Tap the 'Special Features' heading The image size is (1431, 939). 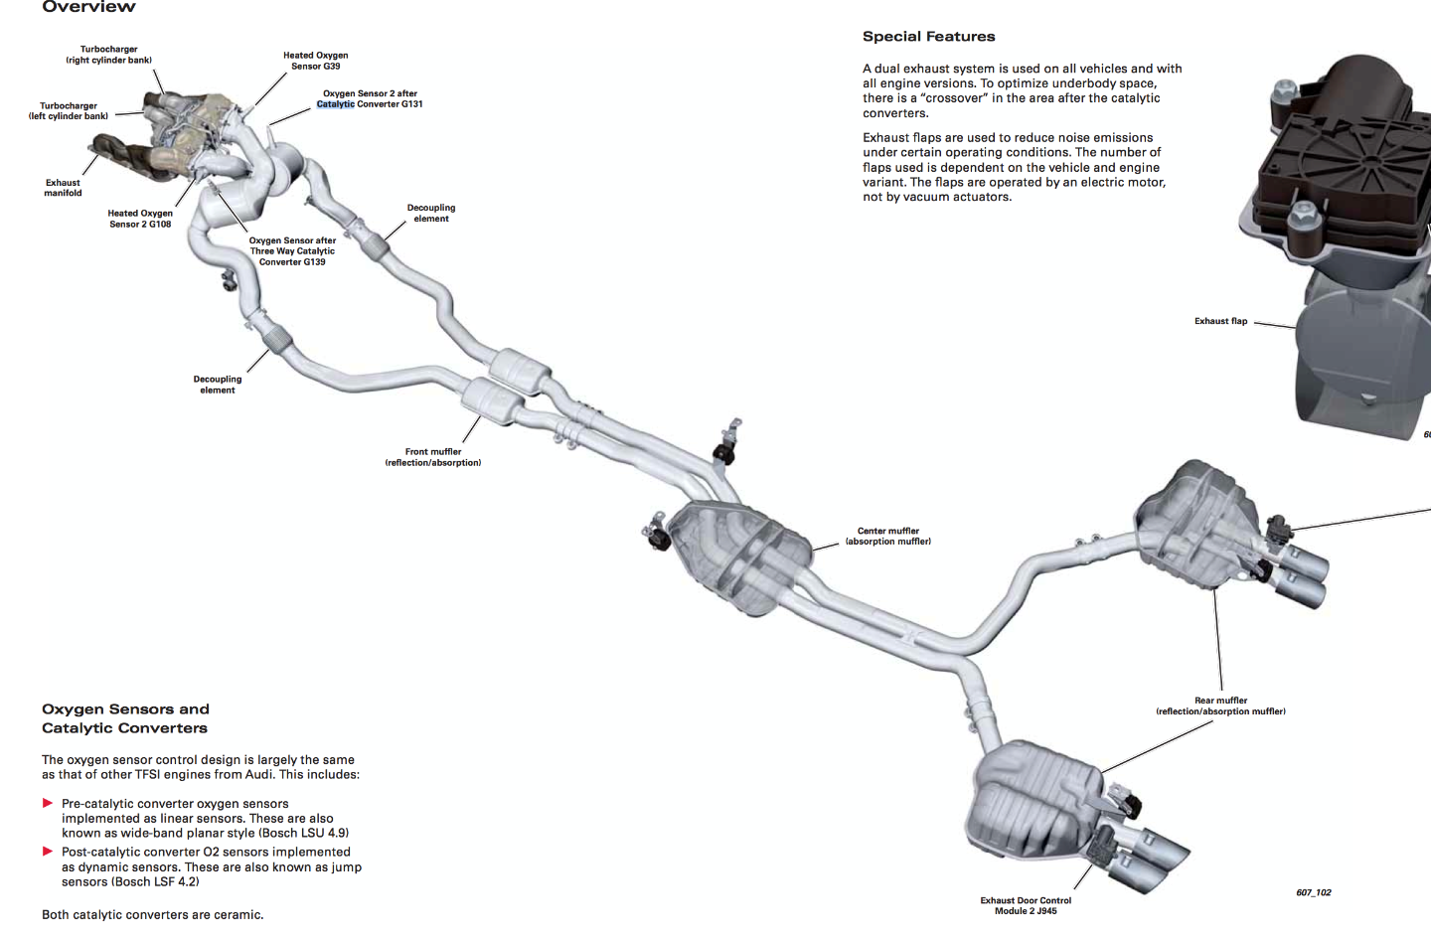click(x=928, y=37)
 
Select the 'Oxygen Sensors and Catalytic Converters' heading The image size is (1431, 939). click(x=125, y=718)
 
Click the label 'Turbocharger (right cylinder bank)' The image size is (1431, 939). click(x=109, y=55)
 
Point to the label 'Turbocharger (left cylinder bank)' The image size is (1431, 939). click(x=69, y=111)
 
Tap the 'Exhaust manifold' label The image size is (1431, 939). click(x=63, y=188)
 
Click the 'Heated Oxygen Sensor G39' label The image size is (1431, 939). click(x=315, y=61)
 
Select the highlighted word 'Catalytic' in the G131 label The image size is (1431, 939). click(x=336, y=104)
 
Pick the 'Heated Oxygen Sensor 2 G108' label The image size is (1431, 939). click(x=140, y=219)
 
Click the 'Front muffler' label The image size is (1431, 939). click(x=433, y=457)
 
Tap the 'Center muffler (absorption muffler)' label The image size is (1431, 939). click(x=888, y=537)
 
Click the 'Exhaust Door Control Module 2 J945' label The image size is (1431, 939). click(x=1026, y=905)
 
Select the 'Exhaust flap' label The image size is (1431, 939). click(x=1220, y=321)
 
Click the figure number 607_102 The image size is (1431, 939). click(x=1313, y=892)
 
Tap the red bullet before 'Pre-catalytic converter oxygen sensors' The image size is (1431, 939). click(x=48, y=803)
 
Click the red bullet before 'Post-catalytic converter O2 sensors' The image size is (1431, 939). click(x=48, y=852)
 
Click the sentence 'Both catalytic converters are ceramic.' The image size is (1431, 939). click(x=153, y=915)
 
